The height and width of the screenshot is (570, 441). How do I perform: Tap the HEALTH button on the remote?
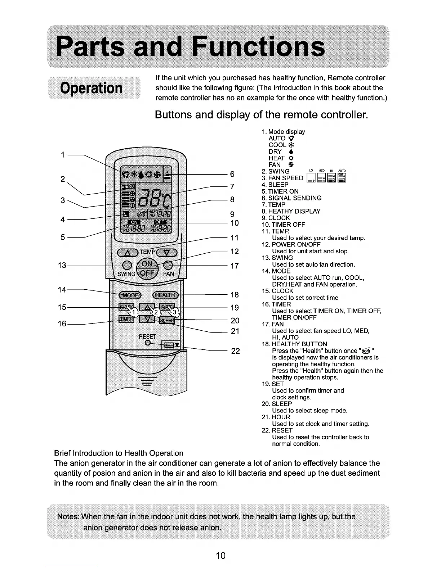pos(165,295)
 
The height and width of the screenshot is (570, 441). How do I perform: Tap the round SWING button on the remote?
pos(127,265)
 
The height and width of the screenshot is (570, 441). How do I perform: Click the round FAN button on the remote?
pos(168,266)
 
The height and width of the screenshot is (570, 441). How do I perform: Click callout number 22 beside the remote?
pos(235,351)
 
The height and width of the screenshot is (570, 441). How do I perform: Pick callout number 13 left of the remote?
pos(62,266)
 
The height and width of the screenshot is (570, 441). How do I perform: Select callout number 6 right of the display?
pos(232,174)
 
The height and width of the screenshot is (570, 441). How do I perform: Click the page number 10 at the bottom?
pos(220,556)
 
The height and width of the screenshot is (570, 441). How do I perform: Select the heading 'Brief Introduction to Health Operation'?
pos(119,453)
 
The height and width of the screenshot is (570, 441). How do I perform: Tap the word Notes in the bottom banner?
pos(68,517)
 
